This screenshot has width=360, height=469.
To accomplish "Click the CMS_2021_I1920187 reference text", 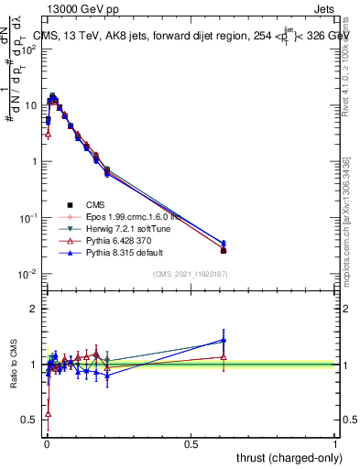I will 191,275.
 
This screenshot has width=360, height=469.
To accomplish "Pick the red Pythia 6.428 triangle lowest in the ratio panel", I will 48,414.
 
